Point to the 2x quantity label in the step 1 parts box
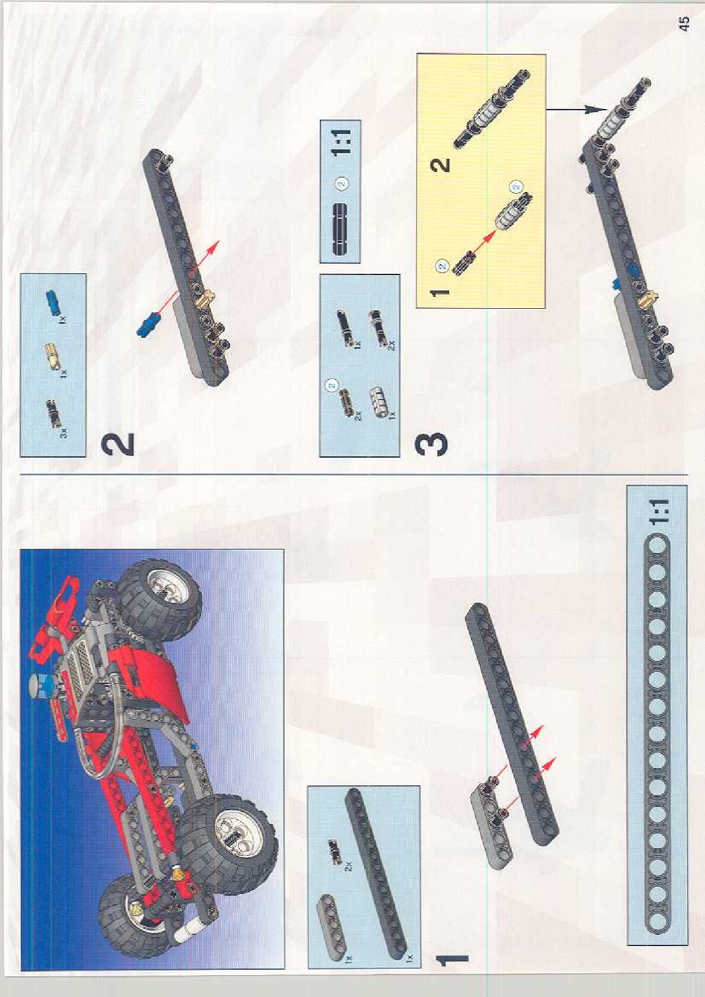tap(349, 865)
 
